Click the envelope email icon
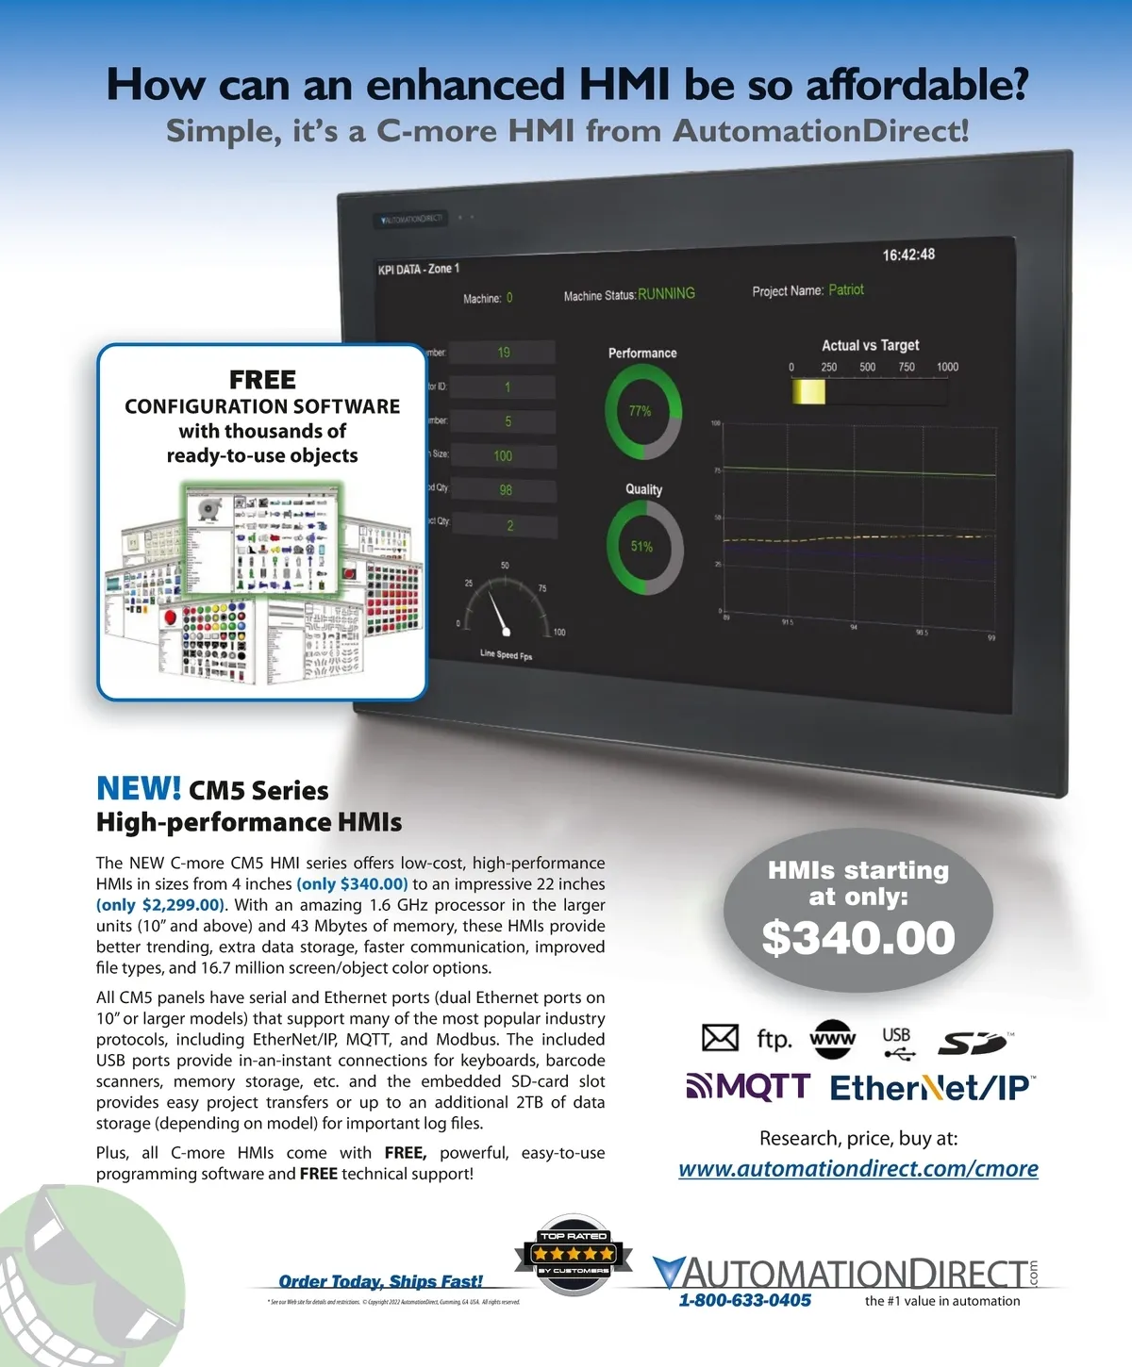[x=720, y=1038]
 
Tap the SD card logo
[x=973, y=1043]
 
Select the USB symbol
[x=897, y=1042]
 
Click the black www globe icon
[x=832, y=1039]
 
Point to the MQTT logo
[x=748, y=1087]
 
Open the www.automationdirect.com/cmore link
[x=857, y=1169]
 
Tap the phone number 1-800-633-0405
[x=744, y=1301]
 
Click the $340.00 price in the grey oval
[x=858, y=937]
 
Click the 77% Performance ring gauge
[x=641, y=411]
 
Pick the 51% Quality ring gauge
[x=643, y=547]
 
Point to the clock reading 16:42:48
[x=908, y=255]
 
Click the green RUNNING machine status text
[x=666, y=294]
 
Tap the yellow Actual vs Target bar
[x=808, y=391]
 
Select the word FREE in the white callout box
[x=262, y=380]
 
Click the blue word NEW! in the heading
[x=139, y=788]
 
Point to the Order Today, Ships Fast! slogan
[x=380, y=1281]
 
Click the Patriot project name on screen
[x=846, y=289]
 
